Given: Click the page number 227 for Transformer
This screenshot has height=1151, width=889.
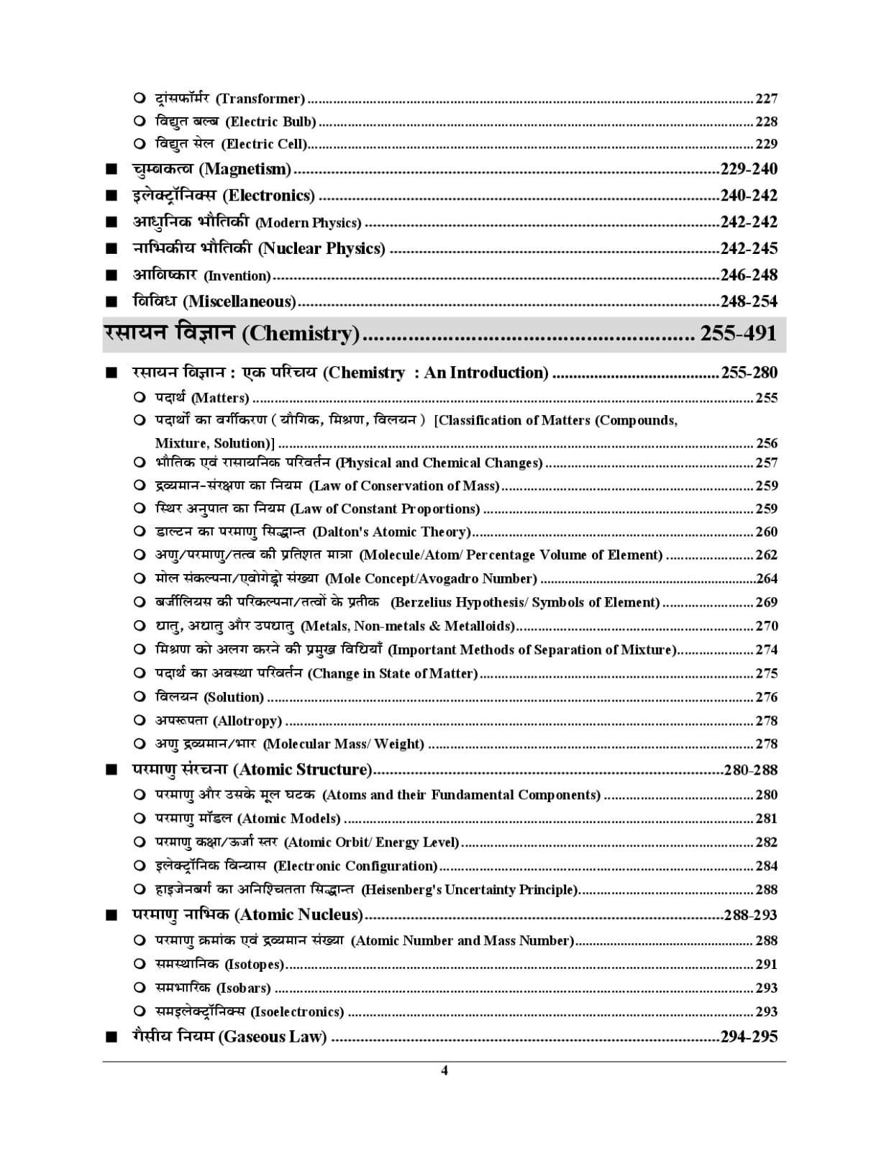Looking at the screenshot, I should [766, 99].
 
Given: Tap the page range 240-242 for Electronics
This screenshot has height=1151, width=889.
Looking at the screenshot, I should [749, 196].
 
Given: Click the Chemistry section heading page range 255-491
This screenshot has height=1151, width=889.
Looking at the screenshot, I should [739, 333].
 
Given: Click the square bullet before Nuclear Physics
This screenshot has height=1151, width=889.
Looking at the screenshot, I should [111, 249].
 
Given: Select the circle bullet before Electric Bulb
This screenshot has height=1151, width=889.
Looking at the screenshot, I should [140, 122].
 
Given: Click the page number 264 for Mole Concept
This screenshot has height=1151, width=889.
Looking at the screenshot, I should [767, 579].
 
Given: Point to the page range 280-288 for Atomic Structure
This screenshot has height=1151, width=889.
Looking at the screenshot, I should [751, 770].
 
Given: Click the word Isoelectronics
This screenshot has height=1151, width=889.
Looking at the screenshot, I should [297, 1012].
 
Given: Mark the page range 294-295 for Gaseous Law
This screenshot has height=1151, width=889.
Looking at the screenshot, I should [749, 1037].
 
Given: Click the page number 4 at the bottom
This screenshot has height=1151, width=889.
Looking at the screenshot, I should [444, 1070].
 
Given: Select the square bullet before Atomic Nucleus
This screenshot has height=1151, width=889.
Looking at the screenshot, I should [111, 916].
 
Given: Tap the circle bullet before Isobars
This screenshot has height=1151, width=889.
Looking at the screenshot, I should [140, 988].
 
